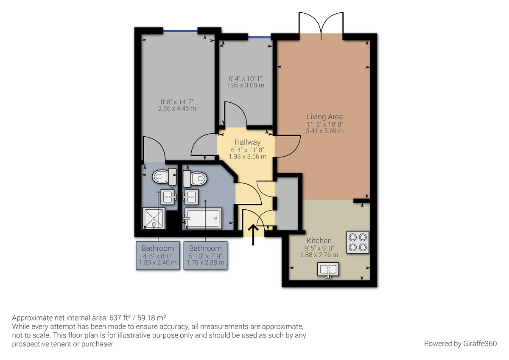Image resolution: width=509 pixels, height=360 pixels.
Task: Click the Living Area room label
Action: coord(325,116)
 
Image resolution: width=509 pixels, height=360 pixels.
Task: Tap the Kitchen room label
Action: coord(319,240)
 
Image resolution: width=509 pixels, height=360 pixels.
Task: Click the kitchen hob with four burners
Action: coord(358,242)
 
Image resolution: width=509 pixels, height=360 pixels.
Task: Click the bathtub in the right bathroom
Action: coord(202,219)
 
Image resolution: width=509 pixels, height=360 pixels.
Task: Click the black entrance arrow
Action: coord(253,235)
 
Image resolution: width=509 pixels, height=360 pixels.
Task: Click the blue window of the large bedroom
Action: coord(180,31)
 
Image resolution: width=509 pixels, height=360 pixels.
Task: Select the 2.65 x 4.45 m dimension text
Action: coord(178,109)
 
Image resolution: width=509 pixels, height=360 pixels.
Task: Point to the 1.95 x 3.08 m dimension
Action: coord(246,85)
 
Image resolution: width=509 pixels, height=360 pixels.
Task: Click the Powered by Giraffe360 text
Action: coord(460,343)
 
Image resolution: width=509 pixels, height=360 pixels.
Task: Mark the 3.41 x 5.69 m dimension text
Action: coord(325,131)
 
